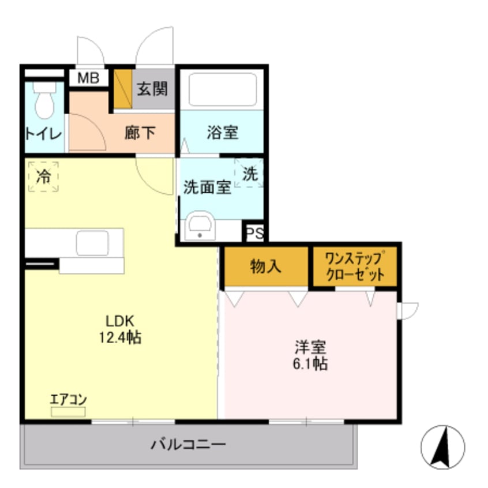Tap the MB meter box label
tap(89, 77)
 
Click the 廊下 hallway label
tap(140, 133)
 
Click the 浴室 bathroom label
tap(223, 132)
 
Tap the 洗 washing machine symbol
tap(250, 174)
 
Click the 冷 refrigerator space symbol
tap(43, 177)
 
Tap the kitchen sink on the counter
tap(92, 243)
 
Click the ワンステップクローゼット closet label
tap(355, 265)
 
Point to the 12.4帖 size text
tap(121, 337)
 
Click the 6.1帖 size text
tap(311, 363)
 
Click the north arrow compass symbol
tap(442, 447)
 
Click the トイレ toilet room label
tap(42, 134)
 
